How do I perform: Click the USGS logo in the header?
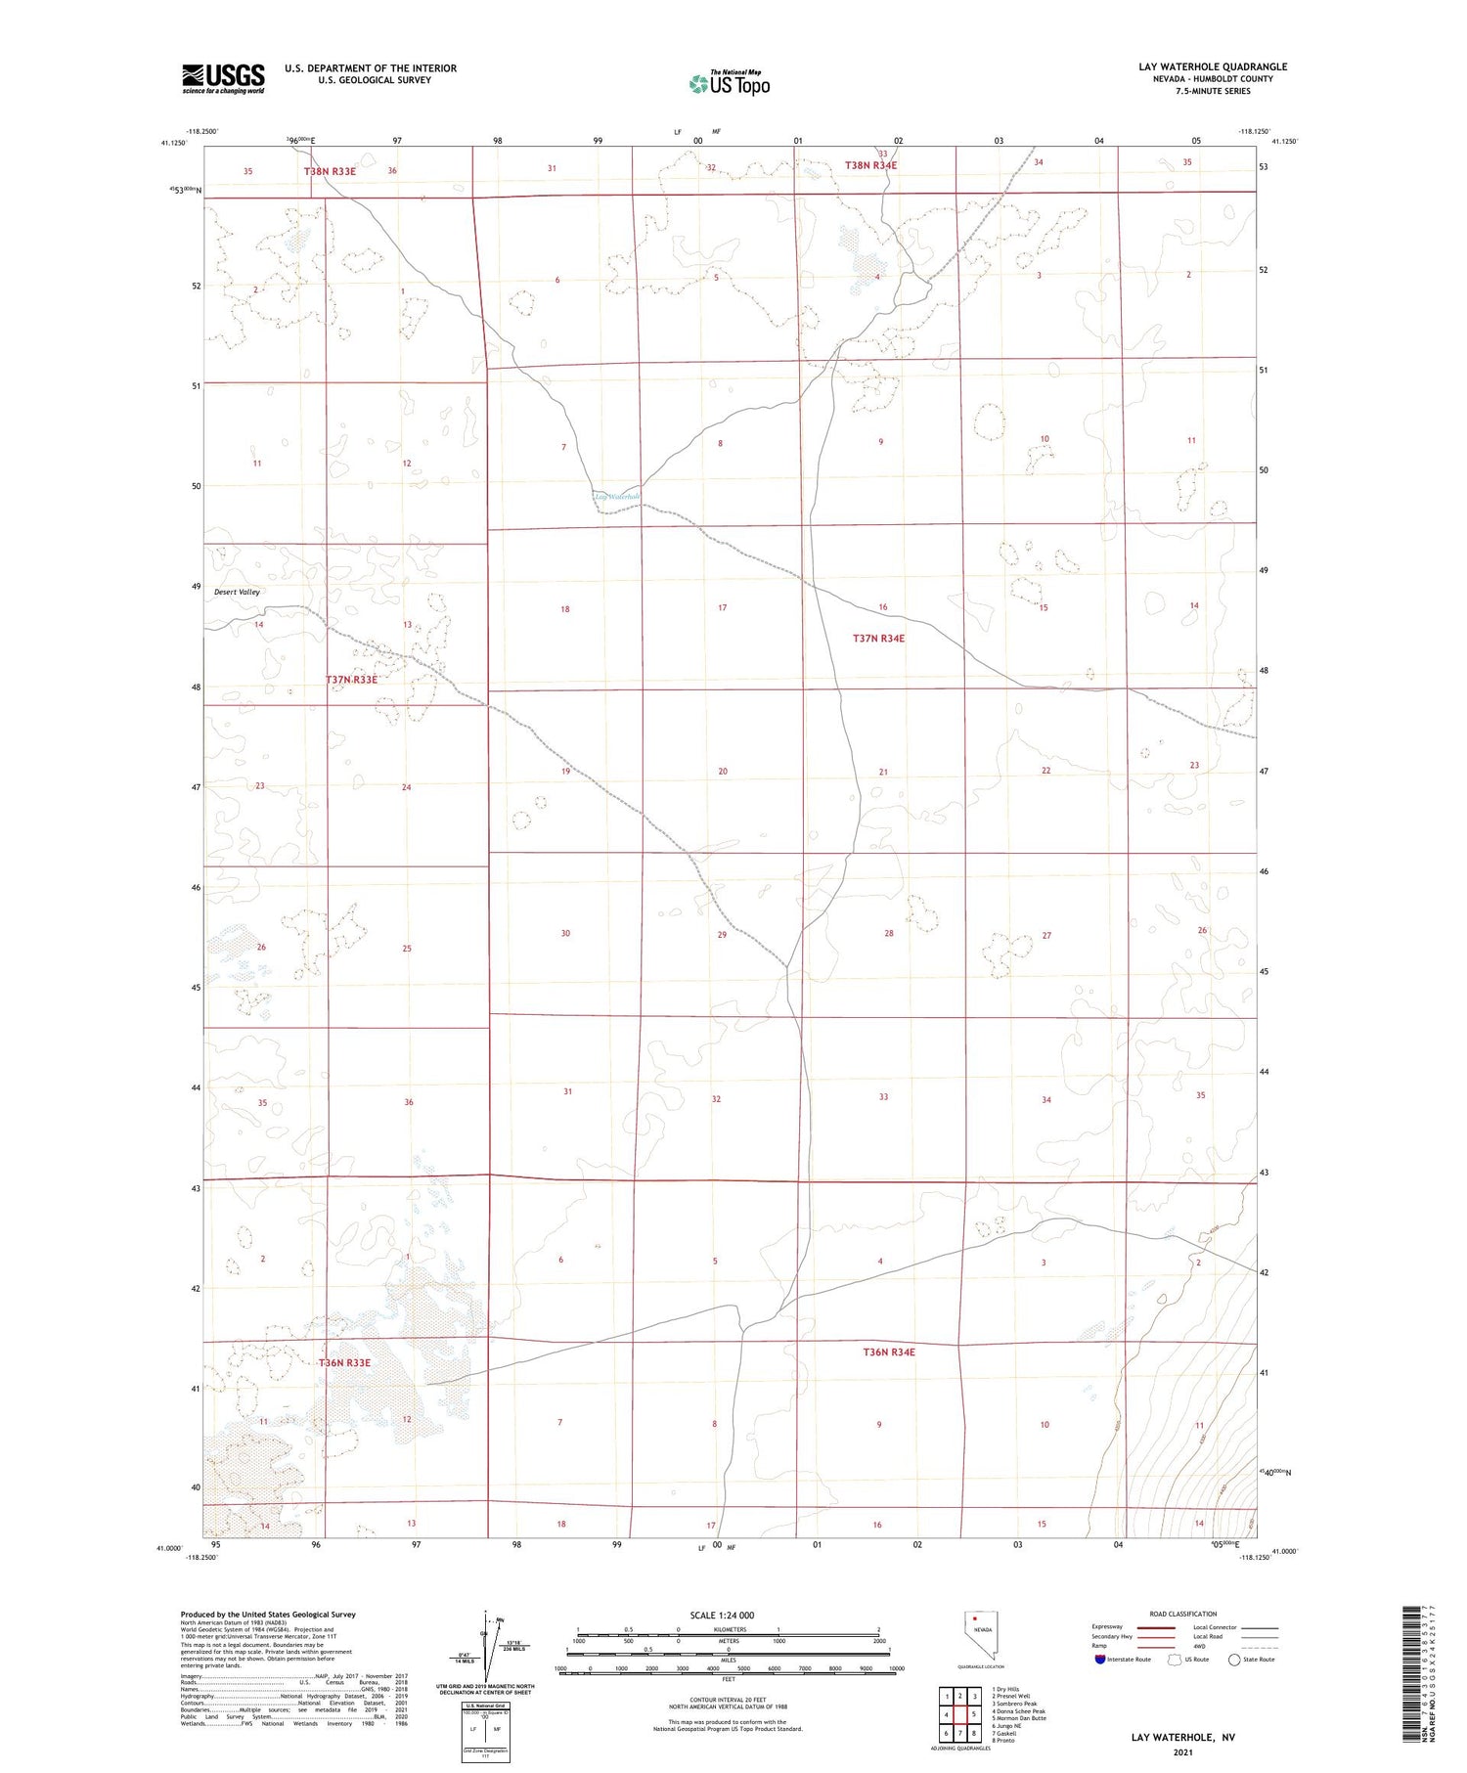[x=223, y=77]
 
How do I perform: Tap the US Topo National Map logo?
[x=730, y=84]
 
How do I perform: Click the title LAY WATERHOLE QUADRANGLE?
[x=1212, y=66]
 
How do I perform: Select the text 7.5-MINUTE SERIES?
[x=1212, y=91]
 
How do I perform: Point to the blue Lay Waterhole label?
[x=616, y=497]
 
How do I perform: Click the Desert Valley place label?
[x=238, y=592]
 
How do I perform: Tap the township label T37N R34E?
[x=878, y=639]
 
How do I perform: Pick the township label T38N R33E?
[x=330, y=171]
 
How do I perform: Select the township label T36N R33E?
[x=344, y=1362]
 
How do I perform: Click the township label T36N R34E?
[x=888, y=1352]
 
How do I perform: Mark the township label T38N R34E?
[x=870, y=165]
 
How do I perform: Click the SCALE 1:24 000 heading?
[x=722, y=1615]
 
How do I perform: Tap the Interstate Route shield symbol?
[x=1100, y=1659]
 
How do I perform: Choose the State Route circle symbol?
[x=1234, y=1659]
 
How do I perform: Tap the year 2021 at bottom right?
[x=1182, y=1751]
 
